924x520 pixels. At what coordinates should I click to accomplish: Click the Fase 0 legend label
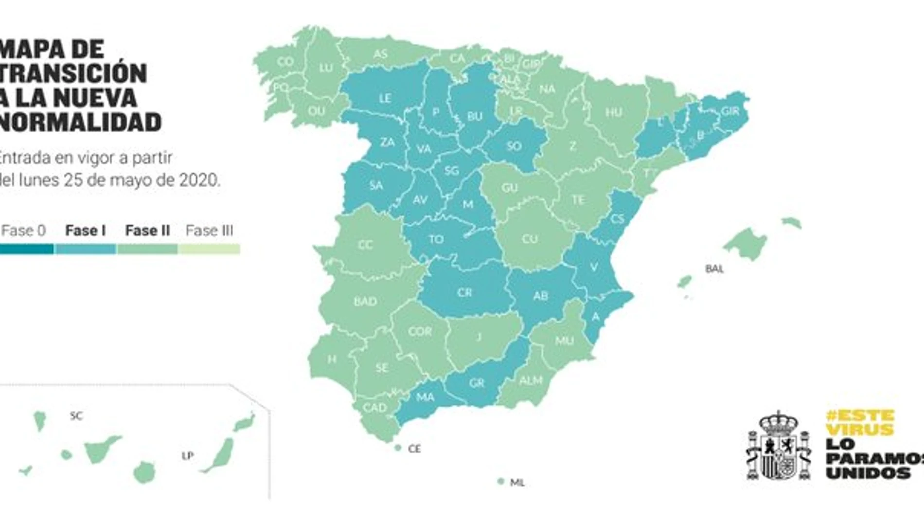[23, 231]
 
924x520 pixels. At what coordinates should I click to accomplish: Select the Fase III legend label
[209, 231]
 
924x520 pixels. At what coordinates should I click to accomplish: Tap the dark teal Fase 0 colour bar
[26, 249]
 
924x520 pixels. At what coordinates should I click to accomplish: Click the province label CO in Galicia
[285, 62]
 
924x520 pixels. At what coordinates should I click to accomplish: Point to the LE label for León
[385, 98]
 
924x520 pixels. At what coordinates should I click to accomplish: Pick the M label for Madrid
[467, 204]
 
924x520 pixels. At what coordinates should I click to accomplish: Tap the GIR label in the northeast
[730, 111]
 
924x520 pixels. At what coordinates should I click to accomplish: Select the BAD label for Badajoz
[365, 301]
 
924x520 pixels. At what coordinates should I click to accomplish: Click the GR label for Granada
[477, 383]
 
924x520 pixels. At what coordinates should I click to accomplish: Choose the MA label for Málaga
[425, 397]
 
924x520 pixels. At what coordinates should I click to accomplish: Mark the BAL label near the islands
[714, 269]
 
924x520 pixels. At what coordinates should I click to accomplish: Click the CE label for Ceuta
[414, 448]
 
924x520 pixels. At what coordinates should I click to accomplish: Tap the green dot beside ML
[501, 482]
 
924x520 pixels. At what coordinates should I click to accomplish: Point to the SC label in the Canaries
[76, 415]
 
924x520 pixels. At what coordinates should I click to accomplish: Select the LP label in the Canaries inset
[188, 456]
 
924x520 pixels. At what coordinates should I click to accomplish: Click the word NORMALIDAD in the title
[80, 122]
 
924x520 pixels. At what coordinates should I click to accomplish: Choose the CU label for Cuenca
[530, 239]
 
